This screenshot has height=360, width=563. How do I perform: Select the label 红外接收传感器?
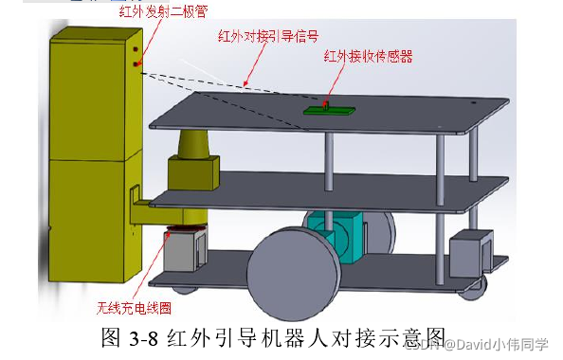[368, 56]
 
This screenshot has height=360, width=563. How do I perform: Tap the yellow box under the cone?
[192, 172]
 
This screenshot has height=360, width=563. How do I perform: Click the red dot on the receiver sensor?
[325, 101]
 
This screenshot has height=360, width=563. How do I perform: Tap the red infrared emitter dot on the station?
[136, 64]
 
